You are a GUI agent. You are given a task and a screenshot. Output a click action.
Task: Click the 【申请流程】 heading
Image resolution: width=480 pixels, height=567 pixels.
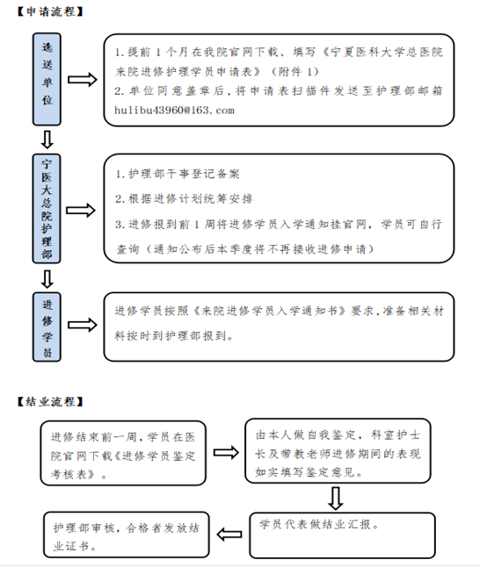point(50,11)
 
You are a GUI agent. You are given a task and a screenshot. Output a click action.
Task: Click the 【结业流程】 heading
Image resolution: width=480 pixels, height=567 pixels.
point(50,401)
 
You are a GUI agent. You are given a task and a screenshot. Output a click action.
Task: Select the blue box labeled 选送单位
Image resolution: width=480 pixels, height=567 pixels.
point(47,79)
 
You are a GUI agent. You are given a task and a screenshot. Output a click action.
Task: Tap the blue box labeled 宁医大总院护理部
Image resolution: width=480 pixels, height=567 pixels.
point(47,208)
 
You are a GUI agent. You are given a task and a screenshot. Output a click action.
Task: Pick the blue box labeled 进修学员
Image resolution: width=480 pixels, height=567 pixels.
point(47,327)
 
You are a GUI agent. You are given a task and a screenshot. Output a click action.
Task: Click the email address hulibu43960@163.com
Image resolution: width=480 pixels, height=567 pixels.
point(174,111)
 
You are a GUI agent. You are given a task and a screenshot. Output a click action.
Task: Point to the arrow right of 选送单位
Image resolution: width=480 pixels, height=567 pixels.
point(83,80)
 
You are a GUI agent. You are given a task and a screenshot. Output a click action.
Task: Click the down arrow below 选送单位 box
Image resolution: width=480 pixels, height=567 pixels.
point(47,140)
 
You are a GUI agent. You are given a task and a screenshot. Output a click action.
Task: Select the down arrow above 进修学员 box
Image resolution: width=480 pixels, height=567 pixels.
point(47,278)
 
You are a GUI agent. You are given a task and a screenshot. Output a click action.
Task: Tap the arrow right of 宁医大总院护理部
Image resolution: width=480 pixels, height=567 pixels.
point(81,210)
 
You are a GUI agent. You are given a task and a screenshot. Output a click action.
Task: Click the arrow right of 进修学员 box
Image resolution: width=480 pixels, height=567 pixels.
point(83,325)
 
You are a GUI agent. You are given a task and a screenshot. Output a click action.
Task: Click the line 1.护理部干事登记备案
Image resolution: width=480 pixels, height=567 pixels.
point(178,174)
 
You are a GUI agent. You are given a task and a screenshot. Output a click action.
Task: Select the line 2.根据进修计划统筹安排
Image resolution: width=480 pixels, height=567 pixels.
point(184,198)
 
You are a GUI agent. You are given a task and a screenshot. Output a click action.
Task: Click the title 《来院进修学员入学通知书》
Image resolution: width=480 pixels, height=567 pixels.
point(270,311)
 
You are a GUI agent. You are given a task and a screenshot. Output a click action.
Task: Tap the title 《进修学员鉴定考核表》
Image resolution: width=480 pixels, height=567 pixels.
point(123,465)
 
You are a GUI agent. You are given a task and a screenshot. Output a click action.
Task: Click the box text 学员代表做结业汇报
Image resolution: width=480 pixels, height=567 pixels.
point(319,524)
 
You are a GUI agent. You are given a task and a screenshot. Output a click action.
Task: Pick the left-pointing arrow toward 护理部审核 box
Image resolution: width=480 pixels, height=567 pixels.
point(229,535)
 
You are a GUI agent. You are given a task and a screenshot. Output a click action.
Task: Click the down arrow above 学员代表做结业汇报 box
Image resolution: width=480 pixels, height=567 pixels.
point(336,499)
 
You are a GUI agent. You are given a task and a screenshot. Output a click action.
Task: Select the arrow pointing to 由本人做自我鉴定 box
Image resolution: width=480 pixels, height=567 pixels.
point(226,452)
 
